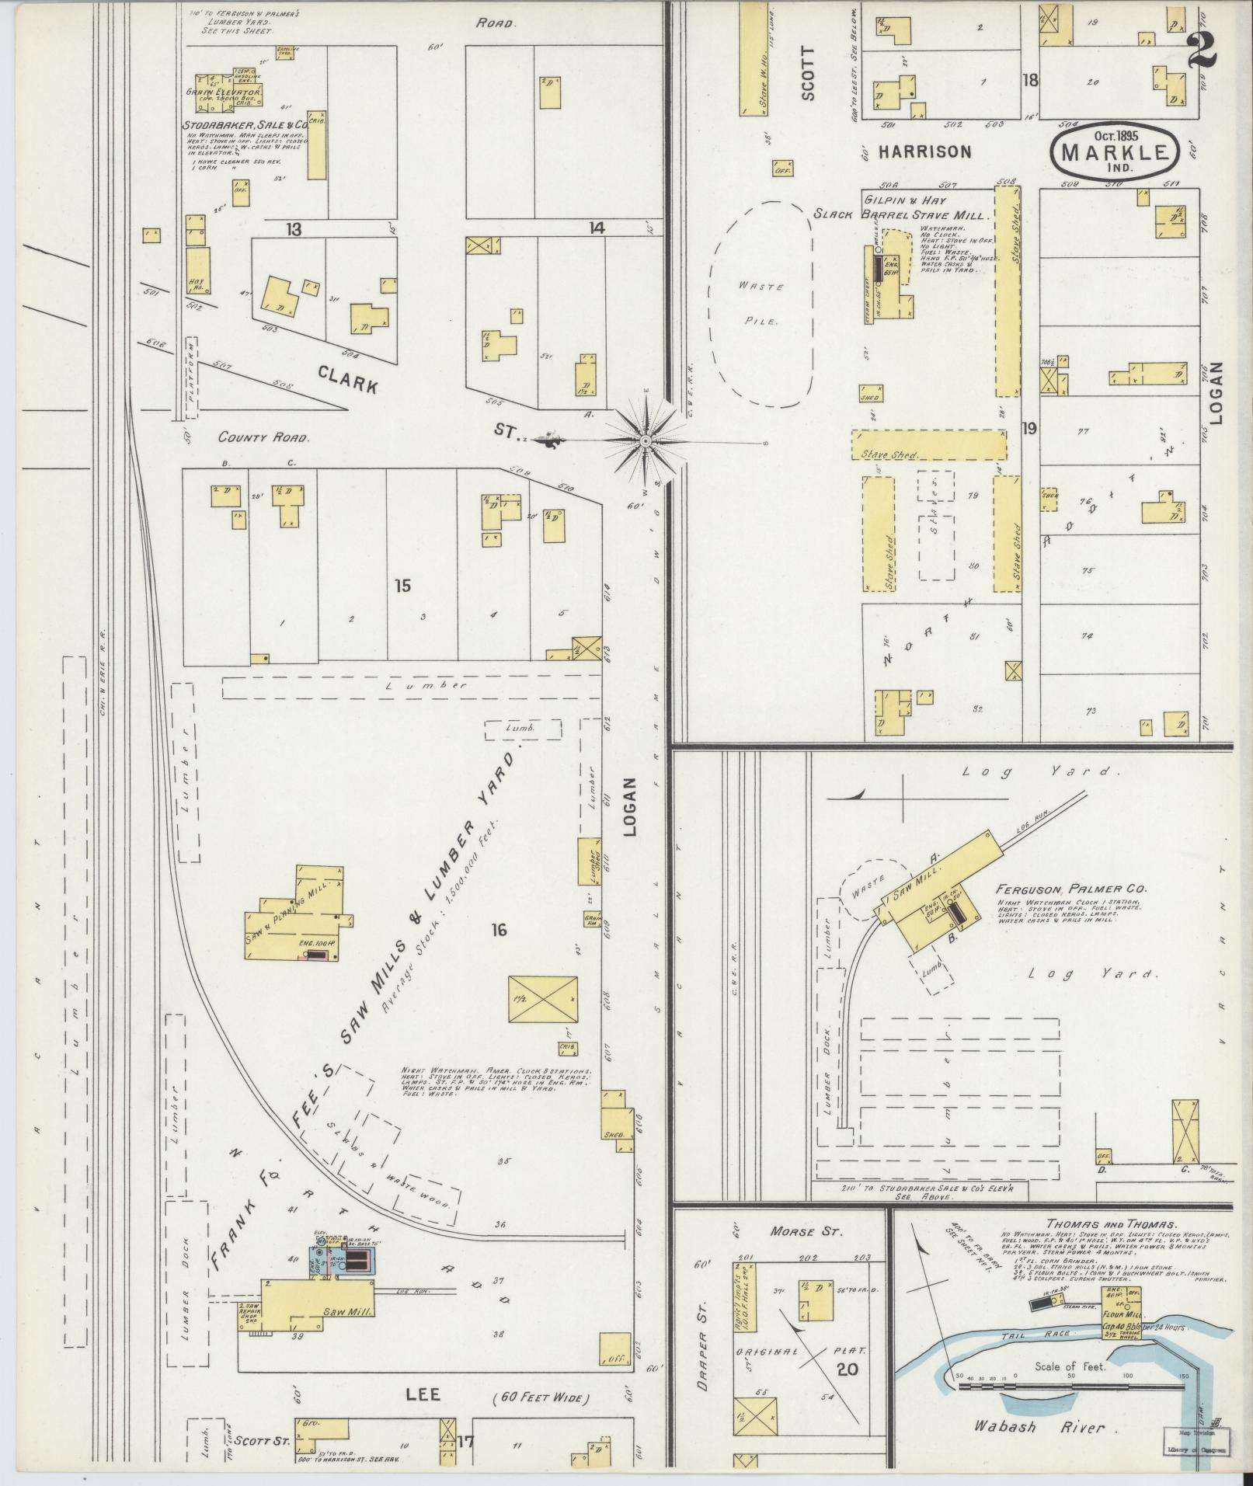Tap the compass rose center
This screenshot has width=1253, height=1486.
point(645,440)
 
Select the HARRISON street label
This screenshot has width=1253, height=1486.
point(924,152)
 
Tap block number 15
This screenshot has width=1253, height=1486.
point(402,586)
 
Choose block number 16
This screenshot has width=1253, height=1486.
point(498,929)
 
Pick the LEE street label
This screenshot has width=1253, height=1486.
point(423,1394)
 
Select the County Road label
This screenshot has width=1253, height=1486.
point(263,437)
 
